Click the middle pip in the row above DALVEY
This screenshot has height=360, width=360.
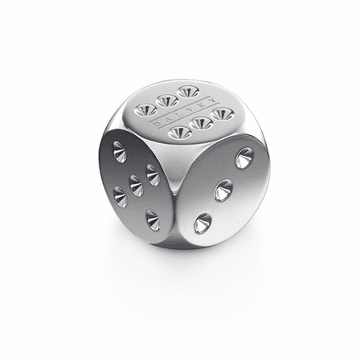pyautogui.click(x=167, y=100)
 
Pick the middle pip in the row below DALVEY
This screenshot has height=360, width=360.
pyautogui.click(x=202, y=123)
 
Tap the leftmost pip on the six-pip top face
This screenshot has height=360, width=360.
pyautogui.click(x=146, y=110)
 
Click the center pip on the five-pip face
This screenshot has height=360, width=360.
pyautogui.click(x=137, y=185)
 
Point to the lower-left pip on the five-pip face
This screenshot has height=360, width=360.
pyautogui.click(x=121, y=194)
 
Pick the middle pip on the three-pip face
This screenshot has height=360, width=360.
pyautogui.click(x=223, y=192)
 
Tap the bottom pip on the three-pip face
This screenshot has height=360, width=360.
pyautogui.click(x=203, y=223)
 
